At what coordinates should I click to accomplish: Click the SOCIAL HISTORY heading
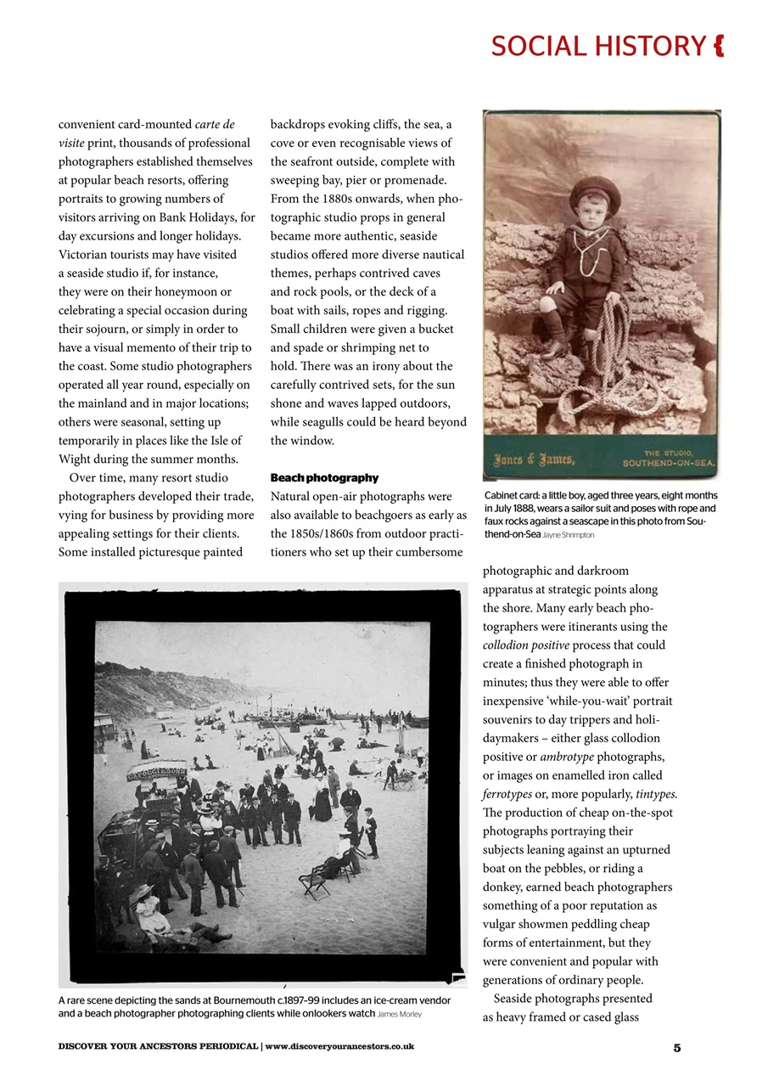[597, 46]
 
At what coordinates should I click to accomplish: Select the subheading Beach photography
[324, 478]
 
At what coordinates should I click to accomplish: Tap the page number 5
[677, 1047]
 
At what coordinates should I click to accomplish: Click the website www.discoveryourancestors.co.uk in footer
[339, 1047]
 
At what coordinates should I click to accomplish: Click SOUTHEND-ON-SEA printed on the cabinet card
[670, 464]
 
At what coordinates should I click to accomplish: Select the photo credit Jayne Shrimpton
[569, 536]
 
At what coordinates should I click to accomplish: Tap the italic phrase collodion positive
[521, 645]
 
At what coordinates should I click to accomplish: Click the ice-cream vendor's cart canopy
[156, 771]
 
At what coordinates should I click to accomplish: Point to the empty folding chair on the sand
[313, 883]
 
